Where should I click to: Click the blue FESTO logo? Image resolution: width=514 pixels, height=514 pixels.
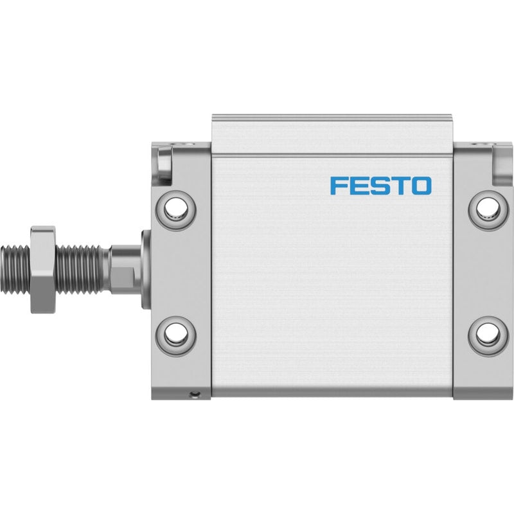pyautogui.click(x=380, y=186)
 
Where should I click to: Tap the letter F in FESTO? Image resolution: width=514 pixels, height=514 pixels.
pyautogui.click(x=337, y=186)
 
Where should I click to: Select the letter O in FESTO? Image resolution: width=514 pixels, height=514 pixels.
pyautogui.click(x=421, y=186)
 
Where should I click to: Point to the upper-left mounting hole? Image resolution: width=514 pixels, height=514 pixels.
pyautogui.click(x=175, y=208)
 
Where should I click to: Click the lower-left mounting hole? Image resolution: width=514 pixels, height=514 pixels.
pyautogui.click(x=175, y=335)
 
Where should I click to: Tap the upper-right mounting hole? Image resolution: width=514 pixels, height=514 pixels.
pyautogui.click(x=488, y=208)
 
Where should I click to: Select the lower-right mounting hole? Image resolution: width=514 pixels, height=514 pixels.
pyautogui.click(x=488, y=335)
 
